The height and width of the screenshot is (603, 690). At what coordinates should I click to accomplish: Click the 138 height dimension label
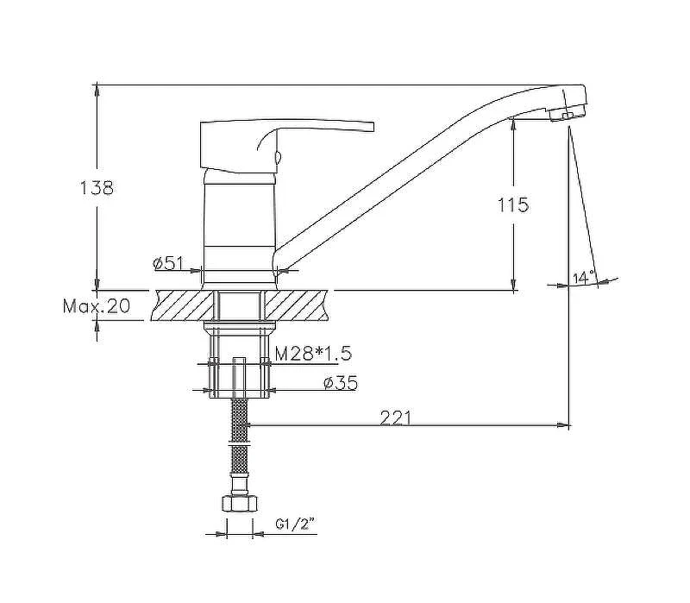tap(97, 188)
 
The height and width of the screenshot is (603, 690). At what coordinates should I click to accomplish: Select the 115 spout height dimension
tap(512, 205)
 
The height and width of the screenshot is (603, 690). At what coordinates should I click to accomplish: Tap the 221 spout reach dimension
tap(395, 418)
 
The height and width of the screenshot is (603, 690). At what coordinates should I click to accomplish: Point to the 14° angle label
tap(584, 278)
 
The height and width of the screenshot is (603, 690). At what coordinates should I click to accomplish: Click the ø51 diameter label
tap(167, 263)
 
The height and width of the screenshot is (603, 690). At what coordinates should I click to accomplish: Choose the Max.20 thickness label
tap(97, 305)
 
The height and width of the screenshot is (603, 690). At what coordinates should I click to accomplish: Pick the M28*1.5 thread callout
tap(313, 353)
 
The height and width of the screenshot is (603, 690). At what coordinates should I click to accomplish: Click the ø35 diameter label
tap(341, 383)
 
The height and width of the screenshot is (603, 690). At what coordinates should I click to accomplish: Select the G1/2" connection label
tap(296, 524)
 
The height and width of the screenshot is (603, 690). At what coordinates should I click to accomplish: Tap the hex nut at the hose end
tap(239, 503)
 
